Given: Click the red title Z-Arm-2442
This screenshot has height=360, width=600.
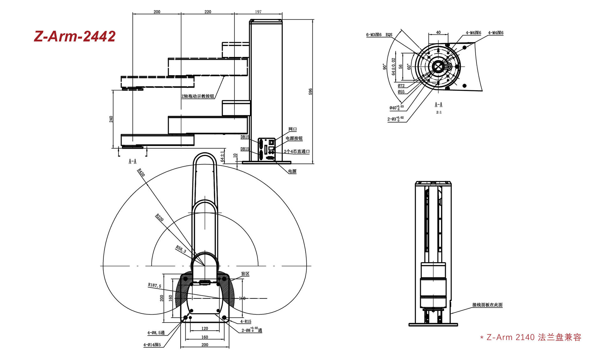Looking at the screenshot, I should click(75, 37).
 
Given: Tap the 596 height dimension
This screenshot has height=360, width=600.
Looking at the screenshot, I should click(310, 92).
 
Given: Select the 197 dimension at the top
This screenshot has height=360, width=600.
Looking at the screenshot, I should click(258, 12).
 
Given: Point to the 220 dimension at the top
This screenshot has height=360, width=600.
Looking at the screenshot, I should click(208, 12).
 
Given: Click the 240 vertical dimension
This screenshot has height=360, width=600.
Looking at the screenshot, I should click(111, 119).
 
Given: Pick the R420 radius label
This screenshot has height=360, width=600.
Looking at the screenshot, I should click(141, 172).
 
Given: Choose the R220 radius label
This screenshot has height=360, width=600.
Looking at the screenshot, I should click(160, 217).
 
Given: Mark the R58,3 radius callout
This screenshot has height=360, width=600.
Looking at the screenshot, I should click(181, 249).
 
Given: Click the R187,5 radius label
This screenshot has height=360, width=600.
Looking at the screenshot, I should click(155, 285).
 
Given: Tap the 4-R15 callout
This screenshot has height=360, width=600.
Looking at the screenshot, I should click(246, 321).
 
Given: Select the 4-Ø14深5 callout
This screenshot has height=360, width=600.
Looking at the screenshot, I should click(152, 345).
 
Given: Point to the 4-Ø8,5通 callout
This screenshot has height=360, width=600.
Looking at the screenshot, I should click(156, 333).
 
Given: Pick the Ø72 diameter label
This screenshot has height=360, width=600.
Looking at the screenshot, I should click(401, 86).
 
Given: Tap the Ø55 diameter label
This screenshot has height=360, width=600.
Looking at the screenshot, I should click(401, 92).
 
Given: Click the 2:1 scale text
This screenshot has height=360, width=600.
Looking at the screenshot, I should click(439, 112).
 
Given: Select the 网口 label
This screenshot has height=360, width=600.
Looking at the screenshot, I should click(292, 129).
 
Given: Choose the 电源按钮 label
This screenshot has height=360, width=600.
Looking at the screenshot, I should click(294, 138).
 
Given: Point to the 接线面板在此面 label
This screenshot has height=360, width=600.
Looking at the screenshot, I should click(487, 305).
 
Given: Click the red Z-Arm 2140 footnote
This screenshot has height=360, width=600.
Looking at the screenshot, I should click(531, 337).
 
